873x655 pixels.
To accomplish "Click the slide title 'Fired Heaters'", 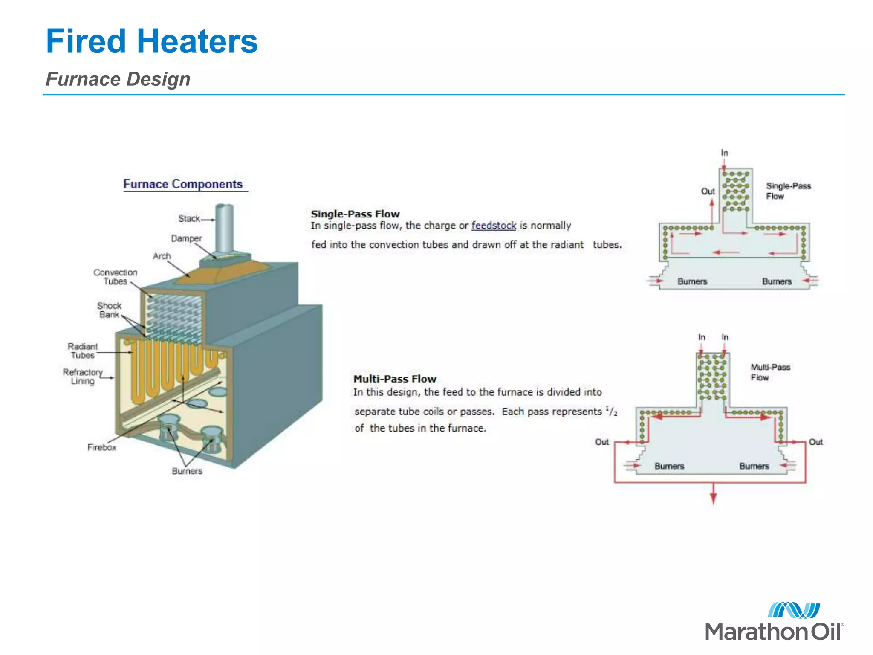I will (x=152, y=41).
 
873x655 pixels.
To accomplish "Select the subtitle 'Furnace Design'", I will (x=118, y=79).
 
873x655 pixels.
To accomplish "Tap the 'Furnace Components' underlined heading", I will (x=183, y=184).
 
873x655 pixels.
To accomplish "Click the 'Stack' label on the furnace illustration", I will (x=189, y=219).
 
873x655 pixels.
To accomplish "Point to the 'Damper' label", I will (x=186, y=238).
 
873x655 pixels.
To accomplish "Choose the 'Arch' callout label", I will (x=162, y=256).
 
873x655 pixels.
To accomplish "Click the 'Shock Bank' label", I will (x=109, y=310).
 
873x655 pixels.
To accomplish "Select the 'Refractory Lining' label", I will (x=83, y=377).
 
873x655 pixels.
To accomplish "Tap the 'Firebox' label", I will (x=102, y=447).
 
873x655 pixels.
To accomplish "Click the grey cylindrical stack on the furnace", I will (x=224, y=228).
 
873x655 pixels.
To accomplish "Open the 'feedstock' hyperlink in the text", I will (x=494, y=226).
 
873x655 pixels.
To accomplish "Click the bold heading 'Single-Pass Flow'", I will (x=355, y=214).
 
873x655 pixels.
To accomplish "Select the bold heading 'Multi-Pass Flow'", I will (x=395, y=379).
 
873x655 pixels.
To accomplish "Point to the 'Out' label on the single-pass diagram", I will (x=708, y=191).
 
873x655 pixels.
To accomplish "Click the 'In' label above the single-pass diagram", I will (x=725, y=153).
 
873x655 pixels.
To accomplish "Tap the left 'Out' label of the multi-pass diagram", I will (x=602, y=442).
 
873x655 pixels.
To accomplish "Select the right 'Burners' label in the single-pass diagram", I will (x=777, y=282).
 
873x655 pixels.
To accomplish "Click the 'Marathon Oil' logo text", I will (x=774, y=632).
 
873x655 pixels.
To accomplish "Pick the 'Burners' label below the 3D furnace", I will (x=187, y=471).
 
